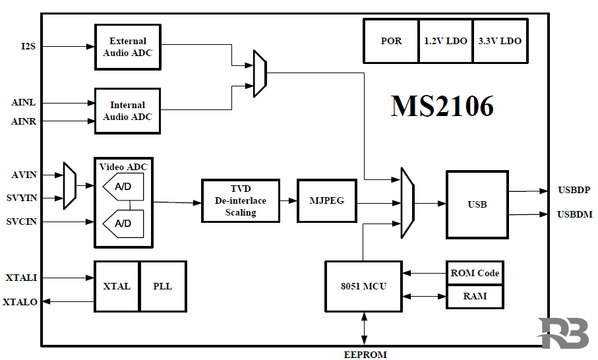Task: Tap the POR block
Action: pos(391,41)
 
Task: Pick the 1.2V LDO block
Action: pos(446,41)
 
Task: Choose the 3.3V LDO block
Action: pos(500,41)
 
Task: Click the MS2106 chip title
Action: pos(442,105)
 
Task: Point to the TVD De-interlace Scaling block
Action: pos(240,200)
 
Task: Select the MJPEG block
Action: pos(327,200)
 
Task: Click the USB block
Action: pos(477,204)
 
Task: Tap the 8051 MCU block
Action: pos(363,286)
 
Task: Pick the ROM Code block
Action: pos(475,273)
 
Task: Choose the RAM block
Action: pos(475,296)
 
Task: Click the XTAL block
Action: pos(117,286)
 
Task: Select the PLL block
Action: pos(162,286)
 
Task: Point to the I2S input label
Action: pos(28,46)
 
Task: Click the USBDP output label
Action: pos(574,191)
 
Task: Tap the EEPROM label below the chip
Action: pos(365,355)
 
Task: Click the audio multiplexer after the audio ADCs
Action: pos(260,74)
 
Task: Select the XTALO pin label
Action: pos(20,302)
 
